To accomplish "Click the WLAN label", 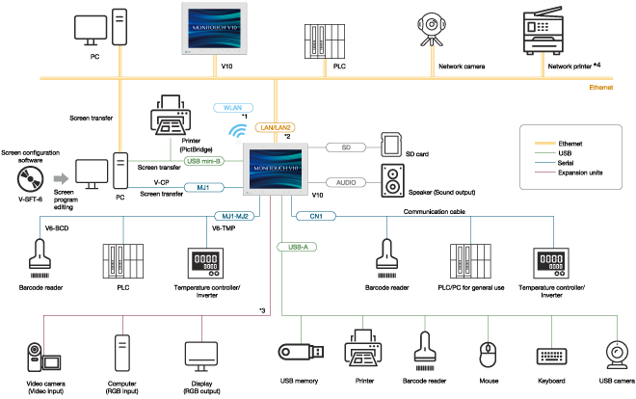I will (x=232, y=108).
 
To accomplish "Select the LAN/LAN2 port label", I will (x=275, y=127).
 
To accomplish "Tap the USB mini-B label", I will (x=204, y=161).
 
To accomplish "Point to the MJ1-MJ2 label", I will (x=235, y=216).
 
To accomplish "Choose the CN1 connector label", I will (x=315, y=216).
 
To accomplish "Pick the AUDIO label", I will (x=346, y=182).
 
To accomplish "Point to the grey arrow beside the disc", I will (x=61, y=178).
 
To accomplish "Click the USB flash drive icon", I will (x=299, y=353).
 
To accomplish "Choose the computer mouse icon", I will (x=489, y=354).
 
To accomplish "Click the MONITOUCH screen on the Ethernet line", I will (x=214, y=28).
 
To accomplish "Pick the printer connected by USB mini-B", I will (x=170, y=115).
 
